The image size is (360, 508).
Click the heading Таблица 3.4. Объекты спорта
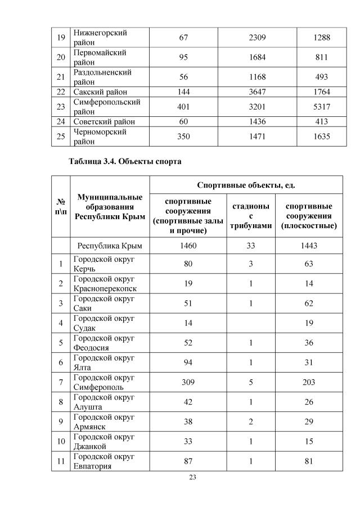pyautogui.click(x=125, y=161)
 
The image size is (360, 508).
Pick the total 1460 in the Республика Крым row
pyautogui.click(x=188, y=246)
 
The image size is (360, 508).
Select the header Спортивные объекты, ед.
pyautogui.click(x=246, y=185)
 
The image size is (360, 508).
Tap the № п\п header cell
pyautogui.click(x=60, y=206)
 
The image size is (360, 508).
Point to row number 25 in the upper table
pyautogui.click(x=61, y=136)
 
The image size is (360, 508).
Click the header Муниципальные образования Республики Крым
pyautogui.click(x=110, y=206)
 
